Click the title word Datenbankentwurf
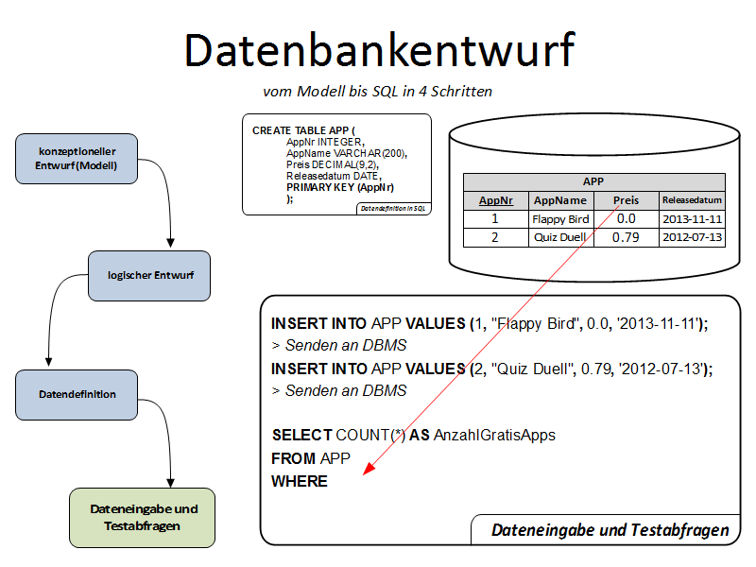(x=378, y=49)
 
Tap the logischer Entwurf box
(x=149, y=276)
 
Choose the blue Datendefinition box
(x=77, y=394)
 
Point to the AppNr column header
(x=495, y=200)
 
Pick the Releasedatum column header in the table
(x=692, y=200)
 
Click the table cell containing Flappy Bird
(x=560, y=219)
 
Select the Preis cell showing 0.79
(x=626, y=237)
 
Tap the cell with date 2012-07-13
(x=692, y=237)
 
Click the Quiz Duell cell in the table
(x=560, y=237)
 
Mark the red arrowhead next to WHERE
(x=369, y=472)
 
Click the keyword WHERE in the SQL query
(x=299, y=482)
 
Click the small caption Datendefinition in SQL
(x=394, y=208)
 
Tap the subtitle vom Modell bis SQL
(x=377, y=92)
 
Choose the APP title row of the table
(x=593, y=182)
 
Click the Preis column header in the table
(x=626, y=200)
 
